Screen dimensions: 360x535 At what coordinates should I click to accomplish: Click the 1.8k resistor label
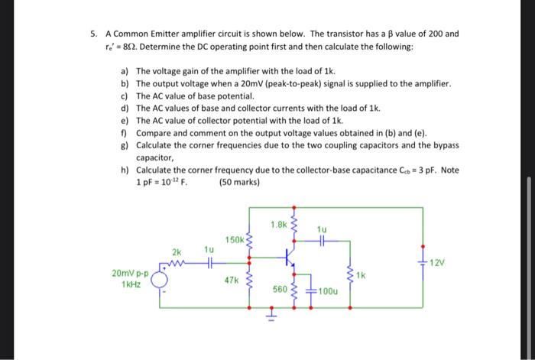point(277,225)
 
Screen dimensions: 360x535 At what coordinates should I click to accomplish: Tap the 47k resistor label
point(232,280)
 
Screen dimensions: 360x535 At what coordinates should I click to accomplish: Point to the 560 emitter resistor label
point(280,290)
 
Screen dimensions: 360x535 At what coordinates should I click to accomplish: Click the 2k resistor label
point(177,251)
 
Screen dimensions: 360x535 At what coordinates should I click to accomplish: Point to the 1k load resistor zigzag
point(350,276)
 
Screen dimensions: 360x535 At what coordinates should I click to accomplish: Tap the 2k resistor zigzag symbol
point(177,264)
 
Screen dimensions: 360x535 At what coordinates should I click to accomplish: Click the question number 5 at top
point(92,34)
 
